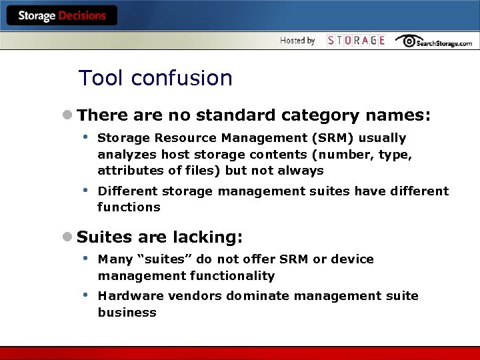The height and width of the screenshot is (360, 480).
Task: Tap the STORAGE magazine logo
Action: click(x=356, y=41)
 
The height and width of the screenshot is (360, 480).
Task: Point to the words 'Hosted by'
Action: click(x=297, y=41)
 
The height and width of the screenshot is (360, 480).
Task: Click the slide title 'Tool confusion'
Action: click(x=155, y=78)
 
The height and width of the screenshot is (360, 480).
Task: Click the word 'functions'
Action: click(x=129, y=207)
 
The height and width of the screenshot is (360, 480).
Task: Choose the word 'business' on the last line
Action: click(x=127, y=313)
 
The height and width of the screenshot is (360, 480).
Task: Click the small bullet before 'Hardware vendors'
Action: click(x=85, y=295)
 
